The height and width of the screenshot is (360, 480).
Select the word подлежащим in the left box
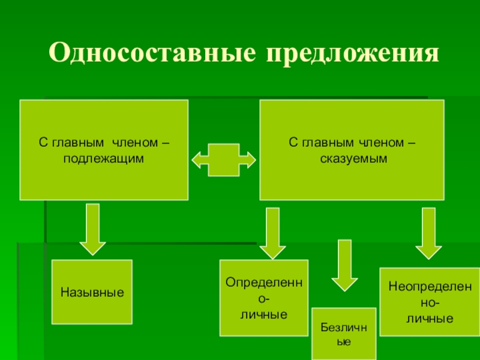click(104, 157)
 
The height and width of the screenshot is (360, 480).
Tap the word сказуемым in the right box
click(351, 157)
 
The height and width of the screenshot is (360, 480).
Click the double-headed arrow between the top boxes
click(223, 160)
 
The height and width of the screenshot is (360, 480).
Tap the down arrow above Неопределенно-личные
click(428, 233)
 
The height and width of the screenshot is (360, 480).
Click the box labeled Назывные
click(92, 292)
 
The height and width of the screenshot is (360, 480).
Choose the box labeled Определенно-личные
click(264, 298)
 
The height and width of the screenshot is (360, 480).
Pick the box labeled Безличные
click(344, 334)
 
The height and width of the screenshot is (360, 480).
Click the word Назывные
click(92, 293)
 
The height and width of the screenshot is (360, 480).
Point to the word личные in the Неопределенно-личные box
click(430, 318)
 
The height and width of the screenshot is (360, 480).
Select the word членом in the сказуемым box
click(380, 143)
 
